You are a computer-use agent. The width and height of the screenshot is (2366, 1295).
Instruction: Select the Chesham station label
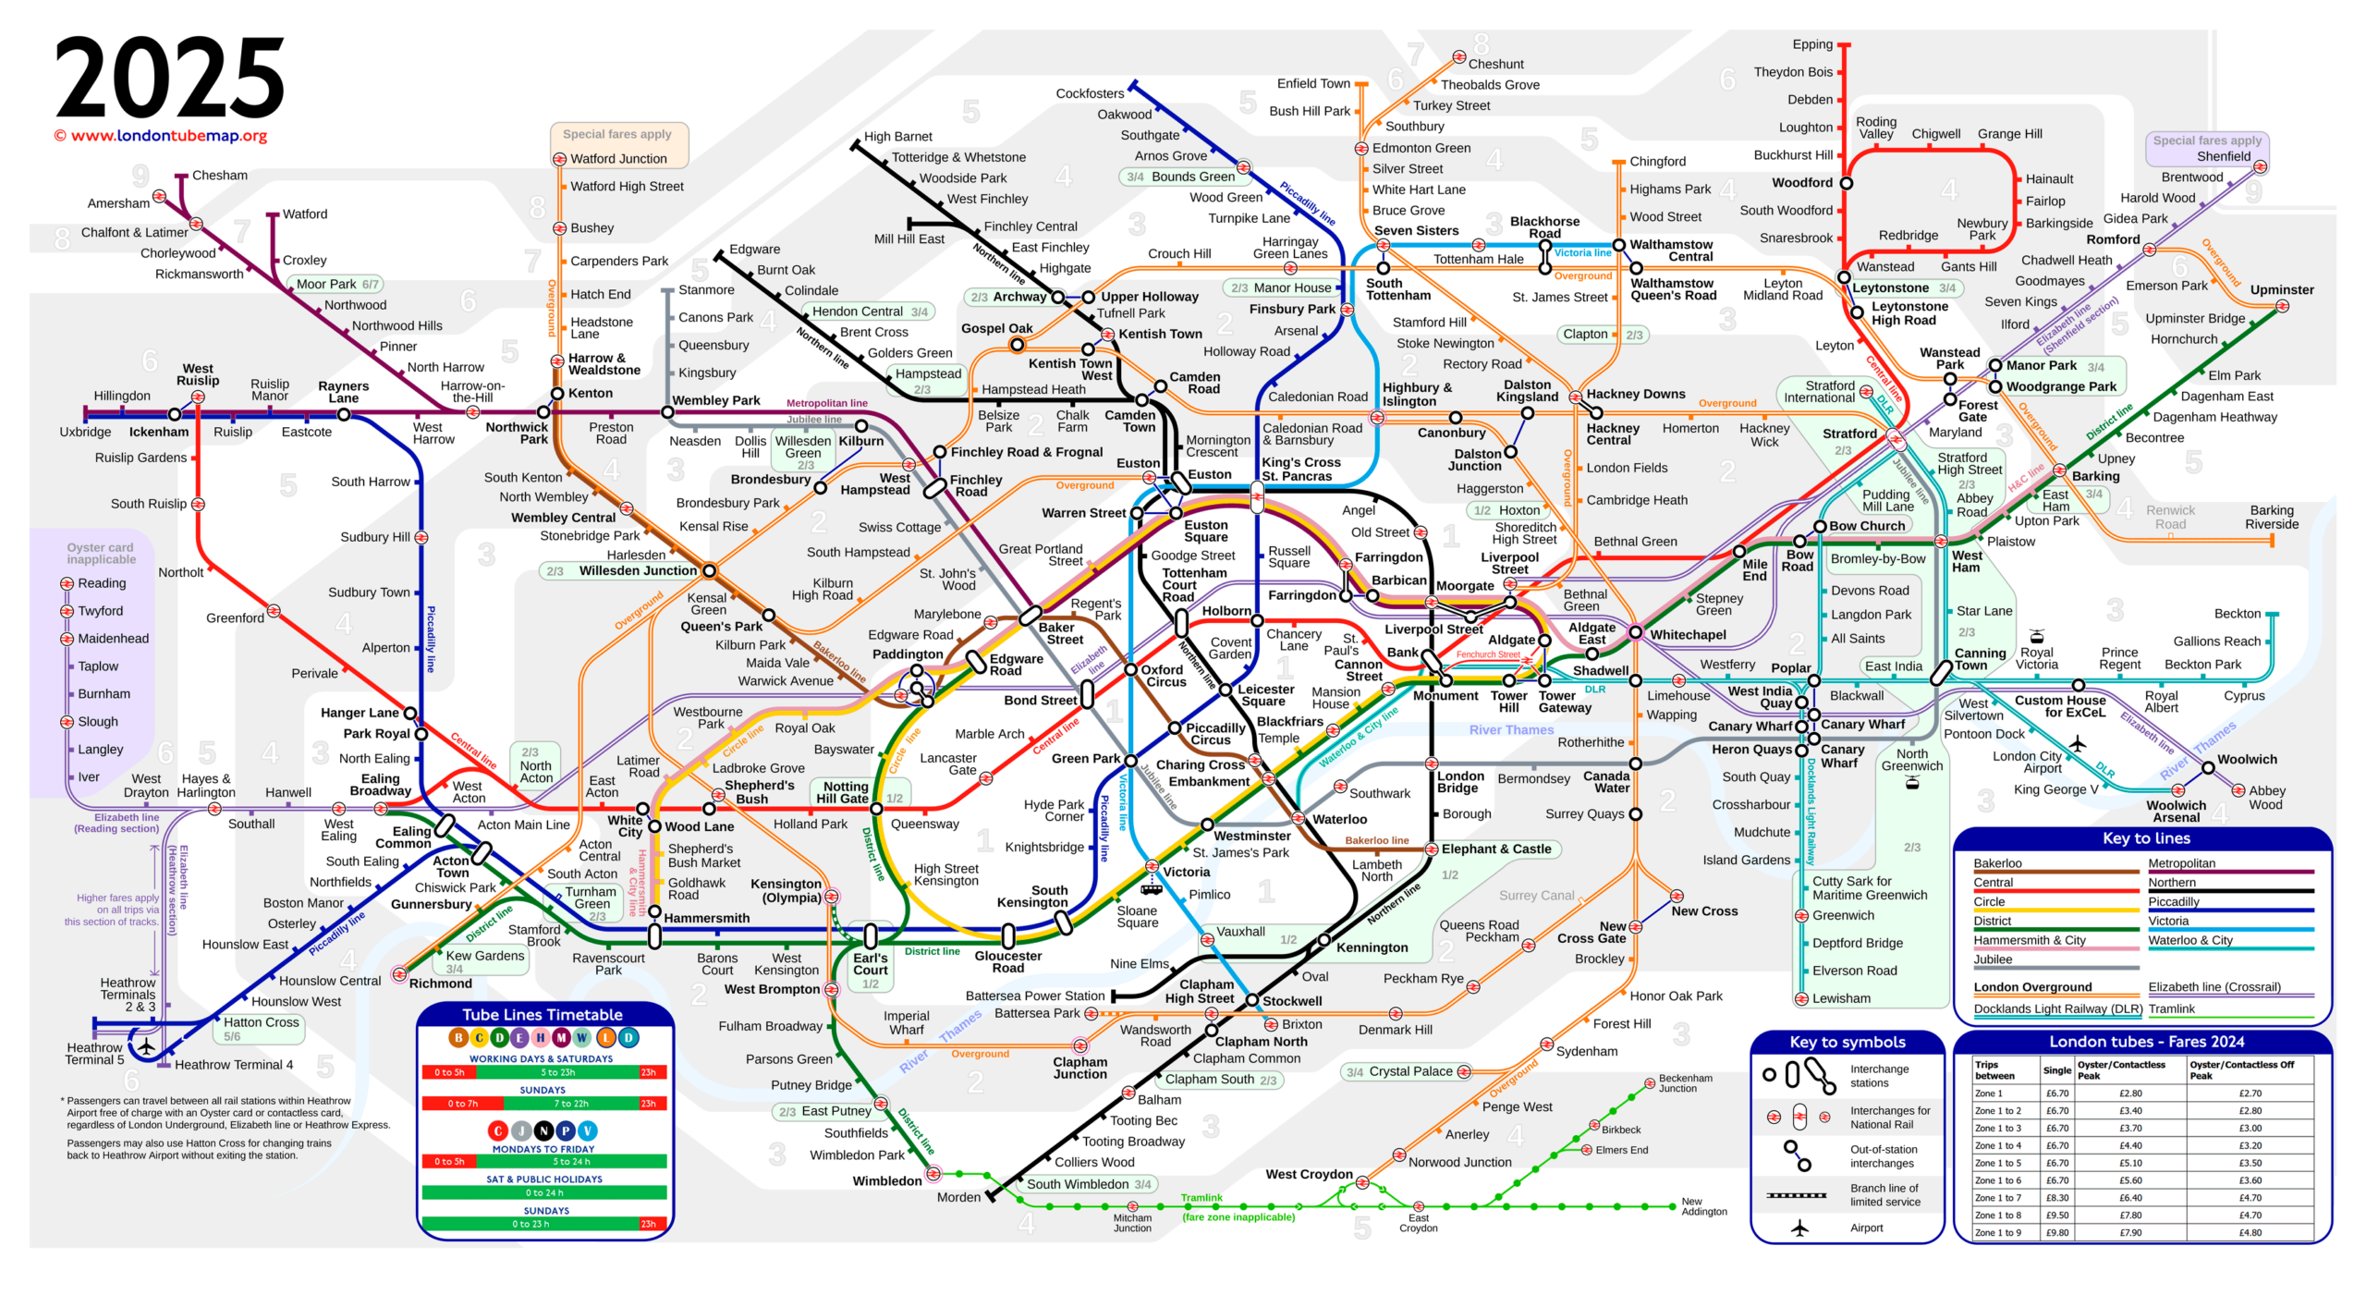coord(220,176)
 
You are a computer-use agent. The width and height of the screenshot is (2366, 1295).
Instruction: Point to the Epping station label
coord(1811,44)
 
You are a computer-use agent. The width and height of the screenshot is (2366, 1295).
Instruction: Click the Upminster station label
coord(2281,290)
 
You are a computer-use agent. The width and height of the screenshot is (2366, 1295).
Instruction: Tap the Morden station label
coord(958,1197)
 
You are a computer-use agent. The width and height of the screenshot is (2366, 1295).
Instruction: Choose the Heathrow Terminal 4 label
coord(234,1065)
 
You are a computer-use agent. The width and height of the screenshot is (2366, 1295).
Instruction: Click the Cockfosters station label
coord(1090,93)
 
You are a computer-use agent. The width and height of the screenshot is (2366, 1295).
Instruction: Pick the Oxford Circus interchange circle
coord(1130,669)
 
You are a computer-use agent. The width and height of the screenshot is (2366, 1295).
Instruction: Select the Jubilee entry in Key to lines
coord(1993,959)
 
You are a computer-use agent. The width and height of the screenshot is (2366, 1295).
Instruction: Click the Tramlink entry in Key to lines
coord(2171,1009)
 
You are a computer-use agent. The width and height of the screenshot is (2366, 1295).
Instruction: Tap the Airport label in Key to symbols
coord(1866,1228)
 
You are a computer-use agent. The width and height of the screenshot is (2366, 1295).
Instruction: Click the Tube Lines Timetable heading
coord(543,1015)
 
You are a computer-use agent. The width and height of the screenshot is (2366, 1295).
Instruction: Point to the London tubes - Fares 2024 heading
coord(2146,1042)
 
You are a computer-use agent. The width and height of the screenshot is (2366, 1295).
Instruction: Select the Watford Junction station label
coord(618,159)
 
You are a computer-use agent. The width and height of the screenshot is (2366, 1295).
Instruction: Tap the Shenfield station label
coord(2224,156)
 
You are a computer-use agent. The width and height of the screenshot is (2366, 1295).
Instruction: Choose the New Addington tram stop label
coord(1703,1206)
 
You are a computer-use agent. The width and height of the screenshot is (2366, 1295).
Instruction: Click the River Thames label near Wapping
coord(1511,730)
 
